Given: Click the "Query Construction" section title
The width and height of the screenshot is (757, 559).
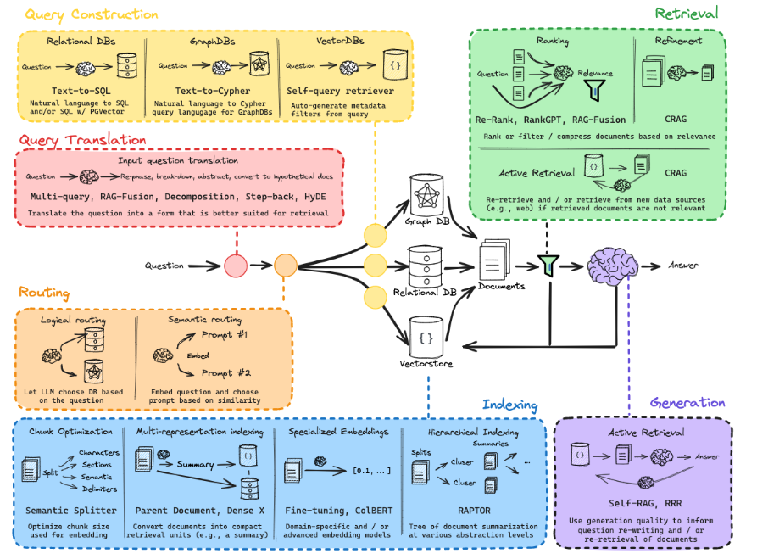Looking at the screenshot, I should coord(92,14).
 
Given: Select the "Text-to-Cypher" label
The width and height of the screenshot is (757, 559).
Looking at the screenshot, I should coord(213,89).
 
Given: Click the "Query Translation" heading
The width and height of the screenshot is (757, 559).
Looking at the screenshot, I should coord(82,140).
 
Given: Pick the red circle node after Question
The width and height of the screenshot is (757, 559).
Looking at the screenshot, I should coord(235,266).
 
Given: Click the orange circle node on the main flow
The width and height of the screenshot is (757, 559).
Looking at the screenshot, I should coord(285,266).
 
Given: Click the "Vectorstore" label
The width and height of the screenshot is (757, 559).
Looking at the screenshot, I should coord(426,363).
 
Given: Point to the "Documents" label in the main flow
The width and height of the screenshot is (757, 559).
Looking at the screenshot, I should coord(501,286).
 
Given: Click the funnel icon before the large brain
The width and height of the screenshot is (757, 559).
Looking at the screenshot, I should coord(549,266).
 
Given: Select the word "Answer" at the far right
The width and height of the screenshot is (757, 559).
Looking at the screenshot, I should coord(683,266).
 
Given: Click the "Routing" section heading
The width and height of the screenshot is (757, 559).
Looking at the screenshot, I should coord(44,293).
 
